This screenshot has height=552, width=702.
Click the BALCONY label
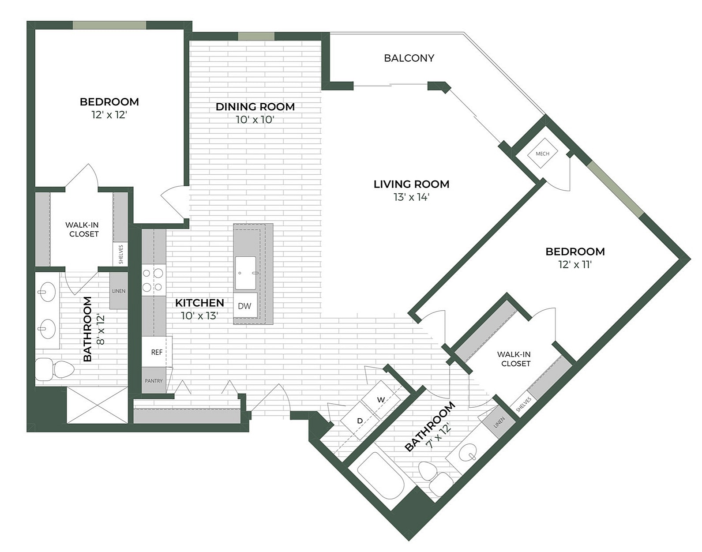click(409, 58)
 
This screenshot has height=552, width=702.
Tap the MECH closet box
click(542, 154)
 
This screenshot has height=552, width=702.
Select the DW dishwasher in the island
click(244, 306)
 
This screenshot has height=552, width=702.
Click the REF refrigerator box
click(157, 352)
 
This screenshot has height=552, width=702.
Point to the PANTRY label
click(154, 381)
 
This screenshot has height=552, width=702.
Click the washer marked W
click(381, 400)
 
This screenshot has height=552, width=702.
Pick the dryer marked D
click(360, 421)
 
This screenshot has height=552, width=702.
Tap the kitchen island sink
click(245, 273)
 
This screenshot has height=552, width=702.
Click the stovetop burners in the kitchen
click(153, 280)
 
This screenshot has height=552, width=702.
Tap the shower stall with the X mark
click(97, 405)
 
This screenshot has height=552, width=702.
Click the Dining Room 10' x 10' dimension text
click(255, 120)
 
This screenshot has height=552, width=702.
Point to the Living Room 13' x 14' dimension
click(411, 197)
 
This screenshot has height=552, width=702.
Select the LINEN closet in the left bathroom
click(118, 291)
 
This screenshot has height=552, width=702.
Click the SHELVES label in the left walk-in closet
click(120, 255)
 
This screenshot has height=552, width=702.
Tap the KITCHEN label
click(199, 303)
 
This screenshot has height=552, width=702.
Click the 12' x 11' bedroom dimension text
click(574, 264)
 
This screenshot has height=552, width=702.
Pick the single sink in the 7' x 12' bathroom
click(468, 453)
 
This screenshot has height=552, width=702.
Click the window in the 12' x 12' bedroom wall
click(109, 25)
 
